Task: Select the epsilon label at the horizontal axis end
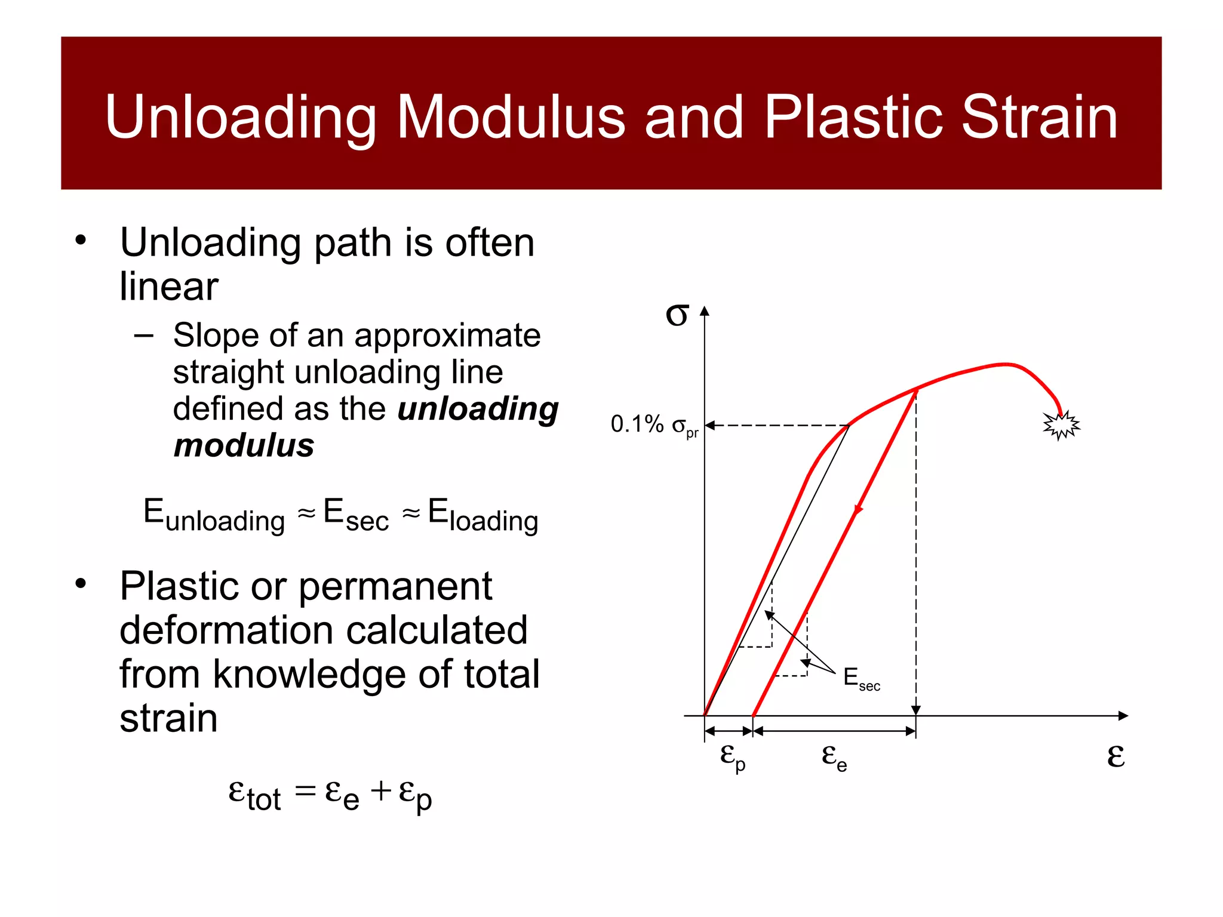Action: (x=1116, y=756)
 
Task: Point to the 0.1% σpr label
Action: (x=654, y=425)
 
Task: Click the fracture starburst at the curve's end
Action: (x=1061, y=425)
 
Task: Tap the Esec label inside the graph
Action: (x=861, y=679)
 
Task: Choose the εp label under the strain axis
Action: (x=732, y=756)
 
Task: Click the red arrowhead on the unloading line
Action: (x=858, y=509)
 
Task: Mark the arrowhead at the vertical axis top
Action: (x=705, y=311)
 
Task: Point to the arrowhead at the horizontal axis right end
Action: (x=1123, y=715)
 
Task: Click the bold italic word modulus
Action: (x=244, y=445)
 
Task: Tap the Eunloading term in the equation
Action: (x=214, y=515)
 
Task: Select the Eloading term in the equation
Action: (x=483, y=515)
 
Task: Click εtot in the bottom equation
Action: (x=254, y=795)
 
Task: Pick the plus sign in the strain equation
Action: (x=381, y=792)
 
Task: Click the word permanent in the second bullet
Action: (x=395, y=587)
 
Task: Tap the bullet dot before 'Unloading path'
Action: (x=81, y=241)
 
